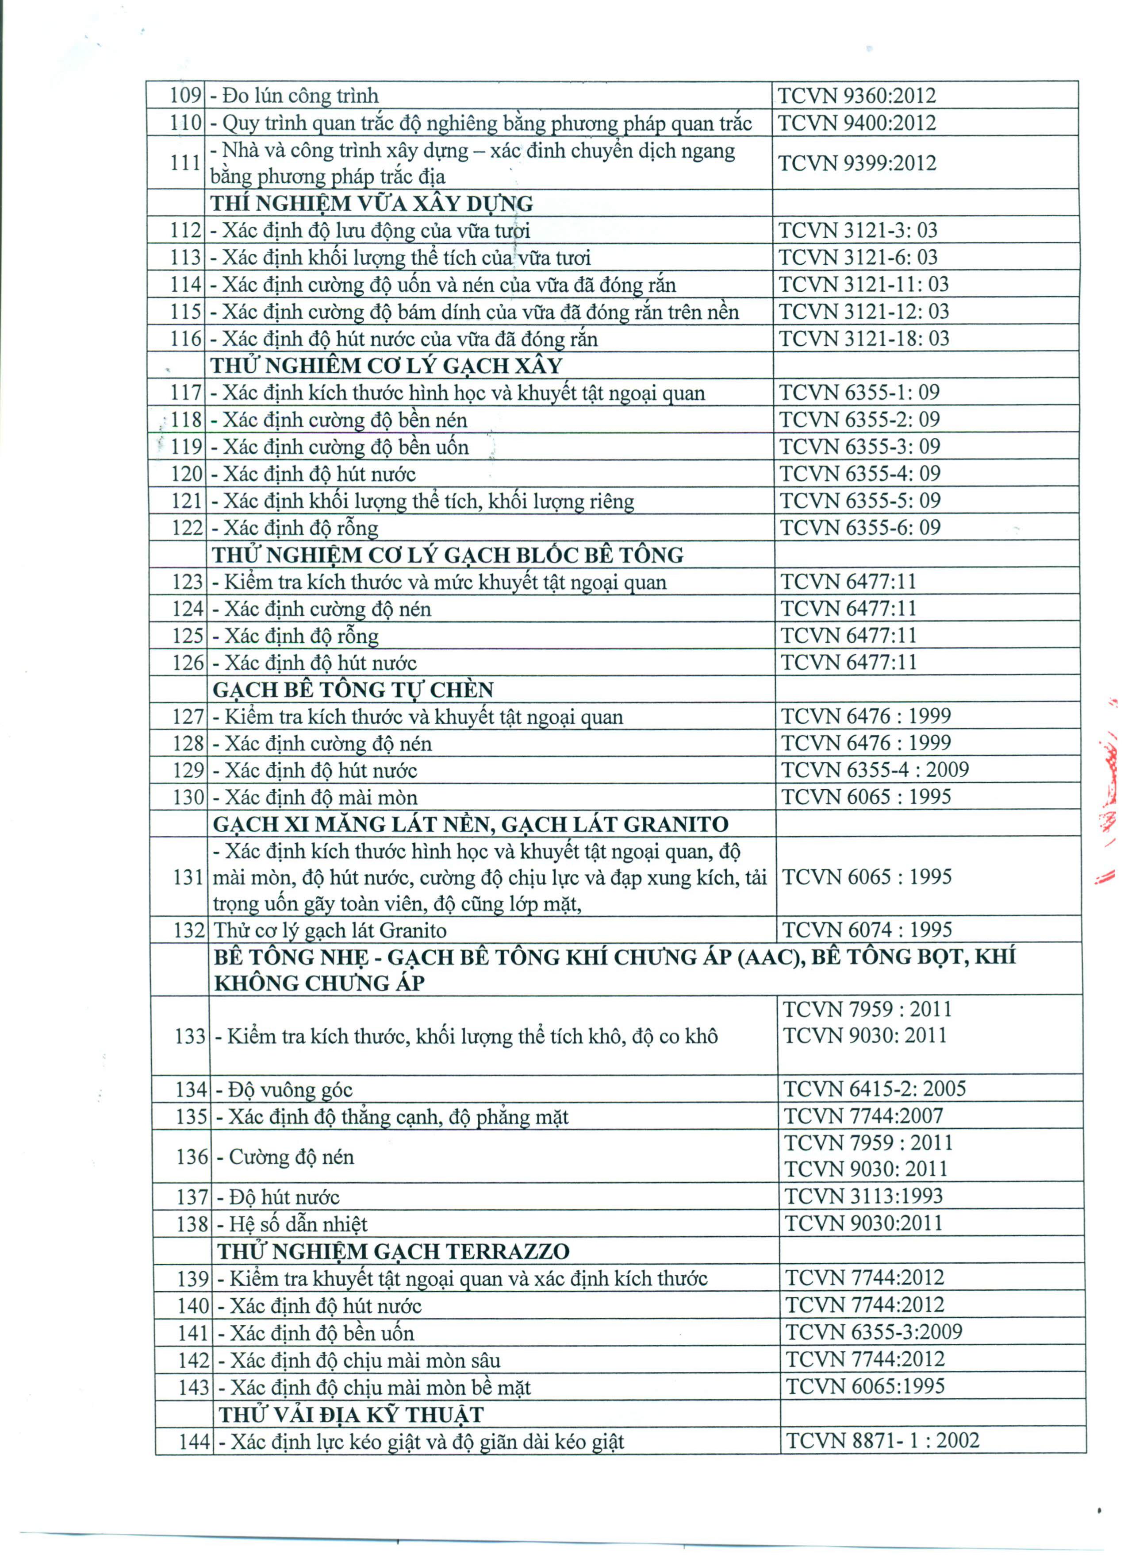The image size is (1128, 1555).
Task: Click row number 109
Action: pyautogui.click(x=185, y=96)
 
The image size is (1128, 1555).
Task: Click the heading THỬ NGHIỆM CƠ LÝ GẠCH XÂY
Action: pyautogui.click(x=387, y=366)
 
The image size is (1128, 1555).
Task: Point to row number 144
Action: pyautogui.click(x=193, y=1442)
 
